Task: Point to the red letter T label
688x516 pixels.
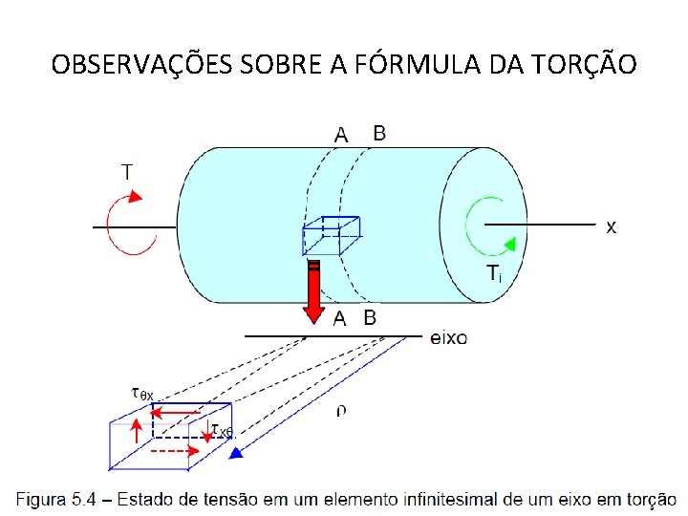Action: [127, 172]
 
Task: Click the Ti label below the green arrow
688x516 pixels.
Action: [493, 274]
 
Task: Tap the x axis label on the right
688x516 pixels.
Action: [611, 226]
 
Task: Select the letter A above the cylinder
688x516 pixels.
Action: [341, 136]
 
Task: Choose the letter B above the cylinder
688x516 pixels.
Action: [379, 134]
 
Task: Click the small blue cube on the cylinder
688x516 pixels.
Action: [330, 236]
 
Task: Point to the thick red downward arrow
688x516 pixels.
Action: [312, 291]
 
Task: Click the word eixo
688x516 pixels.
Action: [449, 337]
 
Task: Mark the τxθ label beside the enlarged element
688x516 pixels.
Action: [222, 432]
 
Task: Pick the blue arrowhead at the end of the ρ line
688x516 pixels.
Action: [236, 455]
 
